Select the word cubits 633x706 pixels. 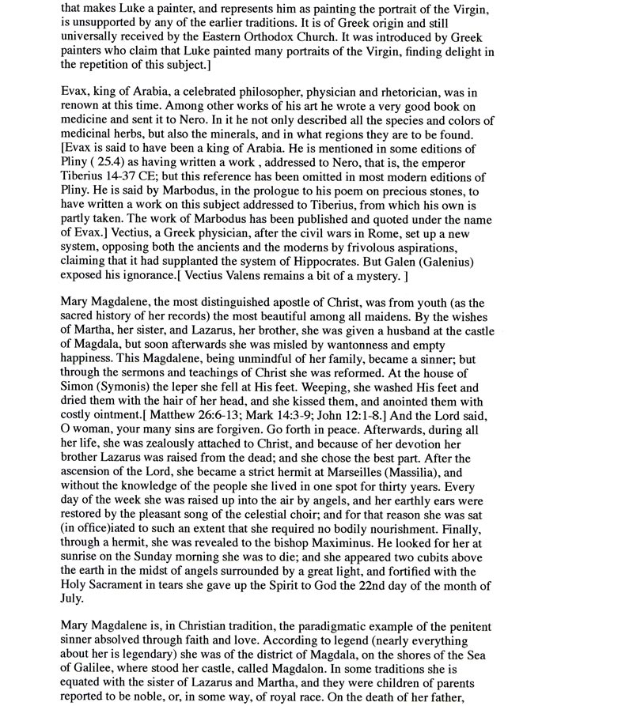coord(423,558)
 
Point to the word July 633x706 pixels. coord(74,600)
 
